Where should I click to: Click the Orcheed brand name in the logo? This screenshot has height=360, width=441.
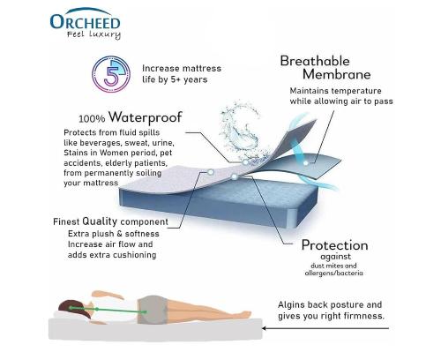86,22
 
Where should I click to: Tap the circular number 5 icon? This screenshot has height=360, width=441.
111,74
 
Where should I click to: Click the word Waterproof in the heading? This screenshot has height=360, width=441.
146,117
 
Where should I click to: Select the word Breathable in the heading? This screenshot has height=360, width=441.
315,62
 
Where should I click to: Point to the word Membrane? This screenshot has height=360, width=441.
336,74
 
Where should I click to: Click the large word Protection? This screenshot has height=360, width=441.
335,245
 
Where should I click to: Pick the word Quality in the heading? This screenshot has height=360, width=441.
100,221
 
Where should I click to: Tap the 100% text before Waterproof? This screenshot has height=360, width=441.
92,119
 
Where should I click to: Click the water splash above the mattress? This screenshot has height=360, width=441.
241,126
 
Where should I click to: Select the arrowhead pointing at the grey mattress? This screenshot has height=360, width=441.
265,328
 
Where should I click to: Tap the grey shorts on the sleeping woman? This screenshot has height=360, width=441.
153,310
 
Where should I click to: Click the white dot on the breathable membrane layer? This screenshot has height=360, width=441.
306,162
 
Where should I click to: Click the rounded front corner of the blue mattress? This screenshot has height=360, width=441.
294,218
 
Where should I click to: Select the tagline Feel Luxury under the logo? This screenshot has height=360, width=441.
93,34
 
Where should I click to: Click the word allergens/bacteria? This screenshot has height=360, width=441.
333,274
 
